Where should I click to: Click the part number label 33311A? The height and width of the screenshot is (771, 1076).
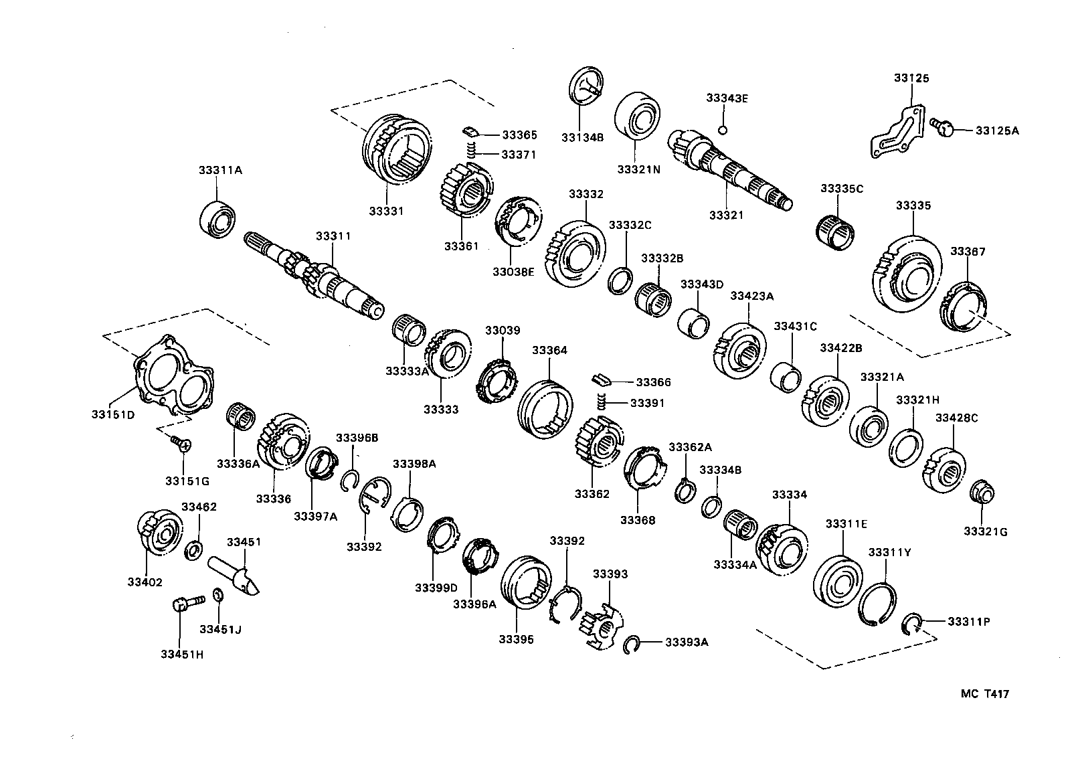click(219, 171)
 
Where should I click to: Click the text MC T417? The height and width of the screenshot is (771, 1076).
click(984, 694)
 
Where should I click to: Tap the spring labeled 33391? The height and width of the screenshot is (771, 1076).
click(601, 403)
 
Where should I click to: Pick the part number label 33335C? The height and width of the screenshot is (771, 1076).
click(842, 189)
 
